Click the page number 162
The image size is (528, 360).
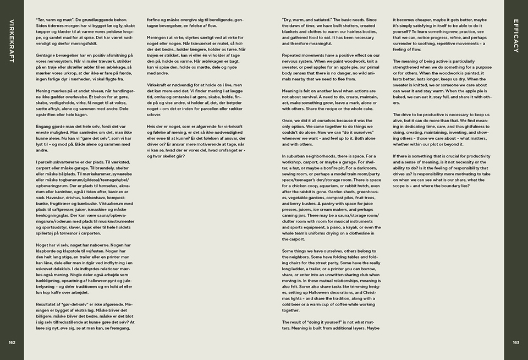pyautogui.click(x=12, y=342)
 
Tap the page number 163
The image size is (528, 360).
pyautogui.click(x=516, y=342)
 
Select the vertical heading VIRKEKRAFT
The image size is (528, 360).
pyautogui.click(x=12, y=41)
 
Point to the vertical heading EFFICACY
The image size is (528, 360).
pyautogui.click(x=516, y=36)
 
